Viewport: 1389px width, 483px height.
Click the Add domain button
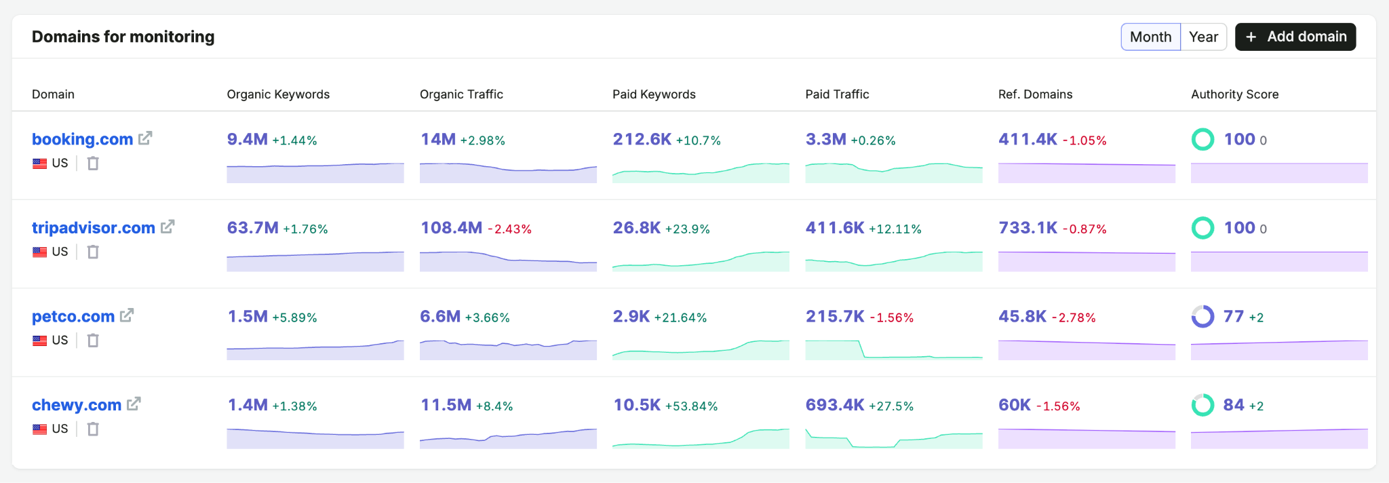tap(1295, 37)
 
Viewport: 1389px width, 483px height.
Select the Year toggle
tap(1204, 37)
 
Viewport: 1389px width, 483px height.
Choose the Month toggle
tap(1151, 37)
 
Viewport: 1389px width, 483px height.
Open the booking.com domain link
tap(82, 139)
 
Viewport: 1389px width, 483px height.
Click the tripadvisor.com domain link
tap(94, 228)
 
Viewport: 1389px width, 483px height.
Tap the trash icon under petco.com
tap(93, 340)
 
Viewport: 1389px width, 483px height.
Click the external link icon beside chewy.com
tap(134, 404)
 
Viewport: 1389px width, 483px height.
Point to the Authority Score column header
tap(1234, 94)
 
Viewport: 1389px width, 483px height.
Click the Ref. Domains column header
tap(1035, 94)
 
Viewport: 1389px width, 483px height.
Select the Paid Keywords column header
tap(654, 94)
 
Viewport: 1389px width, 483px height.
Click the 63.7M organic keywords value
tap(252, 228)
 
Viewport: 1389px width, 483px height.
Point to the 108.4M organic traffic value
tap(451, 228)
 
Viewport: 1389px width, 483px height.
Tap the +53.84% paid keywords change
tap(691, 406)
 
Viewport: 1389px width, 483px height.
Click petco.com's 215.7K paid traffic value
tap(835, 316)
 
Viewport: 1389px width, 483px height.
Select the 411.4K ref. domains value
tap(1028, 139)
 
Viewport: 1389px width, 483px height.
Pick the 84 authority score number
tap(1234, 405)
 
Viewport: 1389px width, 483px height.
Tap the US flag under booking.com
tap(40, 163)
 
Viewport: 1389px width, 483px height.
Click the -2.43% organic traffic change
tap(509, 229)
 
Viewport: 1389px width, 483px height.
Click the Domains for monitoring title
tap(123, 37)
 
